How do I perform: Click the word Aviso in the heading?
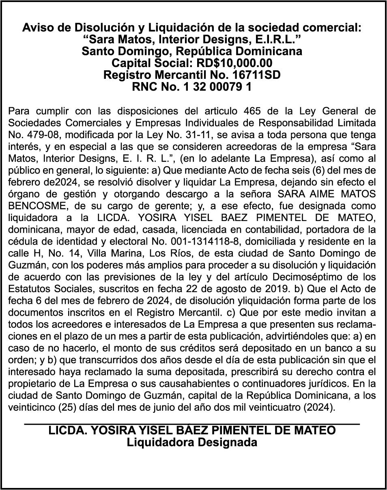tap(37, 28)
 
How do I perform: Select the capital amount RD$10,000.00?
tap(234, 63)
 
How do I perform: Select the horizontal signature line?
tap(192, 424)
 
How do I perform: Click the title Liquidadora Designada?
tap(192, 442)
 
